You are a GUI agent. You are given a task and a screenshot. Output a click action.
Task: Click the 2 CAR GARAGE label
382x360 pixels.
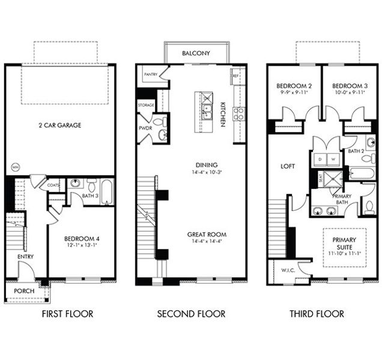(x=60, y=125)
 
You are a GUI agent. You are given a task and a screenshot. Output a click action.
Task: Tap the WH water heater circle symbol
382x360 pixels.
(x=14, y=167)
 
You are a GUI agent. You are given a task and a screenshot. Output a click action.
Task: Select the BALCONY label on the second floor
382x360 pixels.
(x=196, y=53)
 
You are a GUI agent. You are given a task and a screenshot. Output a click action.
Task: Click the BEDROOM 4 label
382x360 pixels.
(x=82, y=238)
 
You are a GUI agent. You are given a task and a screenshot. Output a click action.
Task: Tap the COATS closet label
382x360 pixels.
(x=53, y=186)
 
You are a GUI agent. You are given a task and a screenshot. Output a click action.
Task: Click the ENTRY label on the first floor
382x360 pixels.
(x=26, y=257)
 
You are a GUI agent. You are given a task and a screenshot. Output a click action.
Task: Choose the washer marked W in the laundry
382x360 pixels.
(x=334, y=159)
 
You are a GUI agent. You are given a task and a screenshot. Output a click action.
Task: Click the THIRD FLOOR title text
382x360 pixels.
(x=317, y=314)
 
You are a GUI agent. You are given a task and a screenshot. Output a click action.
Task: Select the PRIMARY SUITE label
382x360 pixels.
(x=344, y=243)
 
